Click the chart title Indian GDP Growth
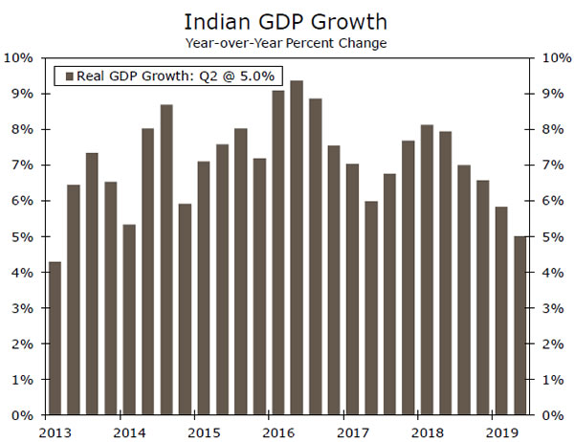pos(286,19)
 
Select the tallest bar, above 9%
pos(297,249)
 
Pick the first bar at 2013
pos(55,339)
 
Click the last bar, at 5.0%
pos(519,326)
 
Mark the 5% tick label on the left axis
pos(23,237)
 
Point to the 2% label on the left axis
pos(23,344)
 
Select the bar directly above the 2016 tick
pos(278,254)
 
